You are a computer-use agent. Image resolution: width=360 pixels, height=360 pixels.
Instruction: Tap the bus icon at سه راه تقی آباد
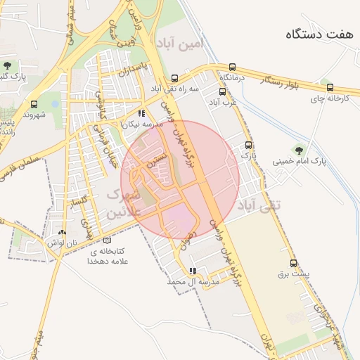click(x=174, y=79)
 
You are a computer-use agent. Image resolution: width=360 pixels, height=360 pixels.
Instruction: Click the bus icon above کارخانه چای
click(x=316, y=86)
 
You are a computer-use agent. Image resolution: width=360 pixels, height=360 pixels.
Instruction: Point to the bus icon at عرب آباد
click(x=223, y=91)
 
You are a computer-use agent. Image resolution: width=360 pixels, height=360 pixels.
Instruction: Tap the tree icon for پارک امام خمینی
click(x=300, y=149)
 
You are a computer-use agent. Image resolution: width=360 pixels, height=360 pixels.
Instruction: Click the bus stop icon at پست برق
click(x=294, y=264)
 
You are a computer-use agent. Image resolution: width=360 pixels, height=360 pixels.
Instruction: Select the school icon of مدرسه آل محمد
click(x=193, y=271)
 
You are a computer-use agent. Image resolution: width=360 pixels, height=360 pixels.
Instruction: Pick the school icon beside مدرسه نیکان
click(x=141, y=112)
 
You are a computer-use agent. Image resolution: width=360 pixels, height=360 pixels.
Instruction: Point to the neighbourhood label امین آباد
click(x=181, y=44)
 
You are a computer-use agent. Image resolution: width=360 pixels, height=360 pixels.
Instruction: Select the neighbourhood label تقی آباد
click(x=259, y=205)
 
